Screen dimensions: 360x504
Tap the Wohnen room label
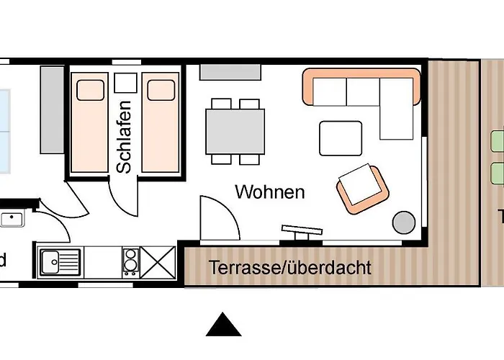(270, 192)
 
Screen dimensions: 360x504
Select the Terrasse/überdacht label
(290, 268)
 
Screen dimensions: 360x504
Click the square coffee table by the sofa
(341, 138)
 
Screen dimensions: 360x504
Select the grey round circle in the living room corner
(403, 221)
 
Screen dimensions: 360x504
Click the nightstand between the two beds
(125, 84)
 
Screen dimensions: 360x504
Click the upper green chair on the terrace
(498, 140)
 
